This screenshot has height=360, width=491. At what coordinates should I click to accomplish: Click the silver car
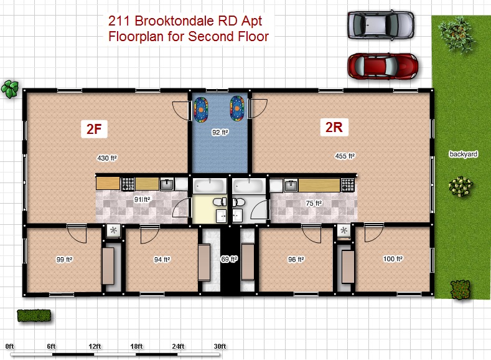point(381,25)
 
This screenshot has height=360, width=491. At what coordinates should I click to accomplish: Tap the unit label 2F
point(96,129)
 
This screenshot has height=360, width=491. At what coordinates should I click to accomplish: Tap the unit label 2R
point(335,128)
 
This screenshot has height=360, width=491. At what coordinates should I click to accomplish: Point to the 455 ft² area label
point(344,156)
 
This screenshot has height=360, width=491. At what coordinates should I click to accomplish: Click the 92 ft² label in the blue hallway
point(220,132)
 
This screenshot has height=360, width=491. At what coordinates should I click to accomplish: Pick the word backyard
point(462,153)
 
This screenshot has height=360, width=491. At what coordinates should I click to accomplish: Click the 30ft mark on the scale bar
point(219,346)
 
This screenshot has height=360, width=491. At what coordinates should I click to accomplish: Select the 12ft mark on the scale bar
point(95,346)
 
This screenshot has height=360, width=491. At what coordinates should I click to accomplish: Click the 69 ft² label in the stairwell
point(230,258)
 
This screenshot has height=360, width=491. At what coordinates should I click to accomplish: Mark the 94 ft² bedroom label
point(162,259)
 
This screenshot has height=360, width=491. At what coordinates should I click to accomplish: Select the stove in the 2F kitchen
point(128,184)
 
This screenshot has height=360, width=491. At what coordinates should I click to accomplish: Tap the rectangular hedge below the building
point(34,316)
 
